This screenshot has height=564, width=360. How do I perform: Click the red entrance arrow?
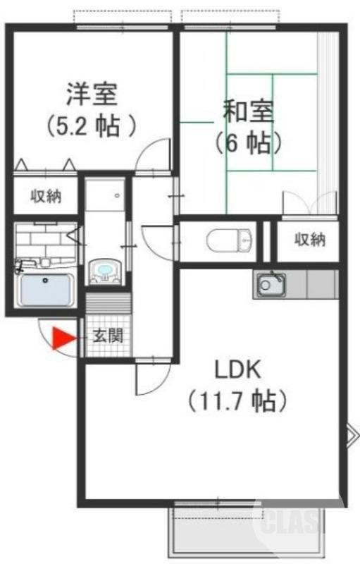click(63, 338)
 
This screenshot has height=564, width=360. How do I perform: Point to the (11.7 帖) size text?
click(238, 401)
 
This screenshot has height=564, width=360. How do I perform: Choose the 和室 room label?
click(248, 111)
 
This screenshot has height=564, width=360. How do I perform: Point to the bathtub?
click(46, 290)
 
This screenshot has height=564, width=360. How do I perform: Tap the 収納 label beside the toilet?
click(309, 240)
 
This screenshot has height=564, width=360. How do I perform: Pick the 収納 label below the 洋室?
click(45, 197)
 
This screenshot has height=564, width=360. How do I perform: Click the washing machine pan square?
click(106, 194)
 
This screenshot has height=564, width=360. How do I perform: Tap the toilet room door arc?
click(156, 236)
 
